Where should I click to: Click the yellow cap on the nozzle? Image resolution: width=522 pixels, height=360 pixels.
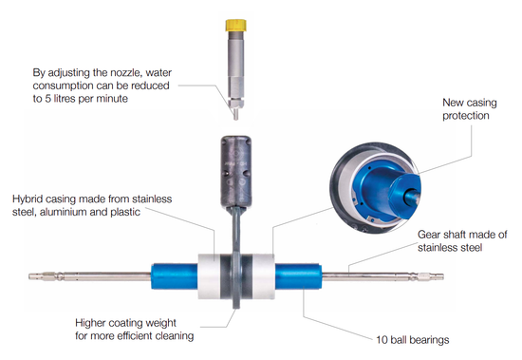235,26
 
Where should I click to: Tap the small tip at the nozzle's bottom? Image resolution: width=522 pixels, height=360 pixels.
235,114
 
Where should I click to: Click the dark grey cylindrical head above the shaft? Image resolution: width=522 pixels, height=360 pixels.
235,171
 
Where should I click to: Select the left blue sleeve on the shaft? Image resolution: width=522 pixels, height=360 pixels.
175,276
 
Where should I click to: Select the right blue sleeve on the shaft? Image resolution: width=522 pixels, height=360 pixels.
298,275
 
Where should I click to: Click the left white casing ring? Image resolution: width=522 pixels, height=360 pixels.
210,276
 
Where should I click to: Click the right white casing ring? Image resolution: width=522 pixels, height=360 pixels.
263,276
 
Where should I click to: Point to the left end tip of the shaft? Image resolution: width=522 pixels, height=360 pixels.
29,276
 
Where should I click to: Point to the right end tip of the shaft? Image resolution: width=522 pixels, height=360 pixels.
443,276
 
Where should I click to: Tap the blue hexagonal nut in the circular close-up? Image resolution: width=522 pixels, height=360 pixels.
403,194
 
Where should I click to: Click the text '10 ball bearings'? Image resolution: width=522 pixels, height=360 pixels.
413,340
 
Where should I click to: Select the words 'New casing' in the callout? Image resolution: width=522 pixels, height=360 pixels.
470,103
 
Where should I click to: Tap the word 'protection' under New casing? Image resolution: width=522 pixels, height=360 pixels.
466,116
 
